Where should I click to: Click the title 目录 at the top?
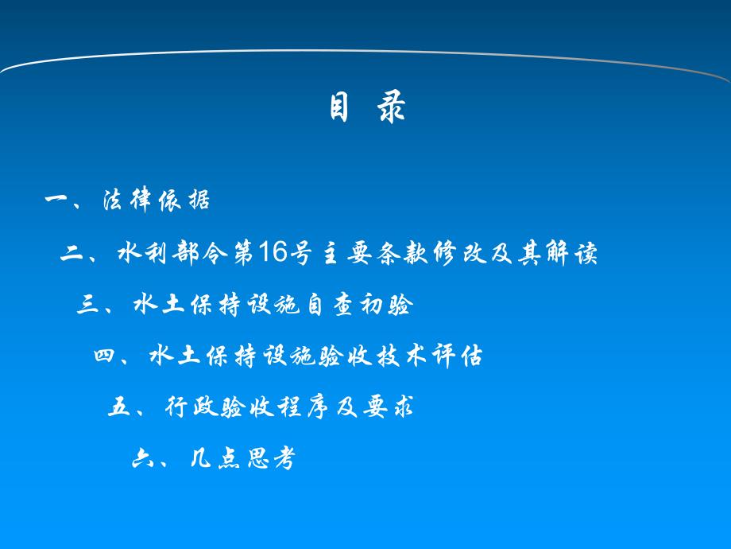pos(367,108)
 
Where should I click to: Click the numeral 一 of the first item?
pos(58,201)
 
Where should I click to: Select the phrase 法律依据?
pos(157,201)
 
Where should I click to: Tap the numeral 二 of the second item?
pos(73,254)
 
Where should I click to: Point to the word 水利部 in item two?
pos(154,254)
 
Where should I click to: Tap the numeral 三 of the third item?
pos(88,306)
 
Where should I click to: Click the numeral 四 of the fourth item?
pos(104,357)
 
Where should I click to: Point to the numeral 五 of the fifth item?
pos(118,409)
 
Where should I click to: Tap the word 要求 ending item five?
pos(392,409)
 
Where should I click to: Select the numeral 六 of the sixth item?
pos(142,460)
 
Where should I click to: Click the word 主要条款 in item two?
pos(372,254)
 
